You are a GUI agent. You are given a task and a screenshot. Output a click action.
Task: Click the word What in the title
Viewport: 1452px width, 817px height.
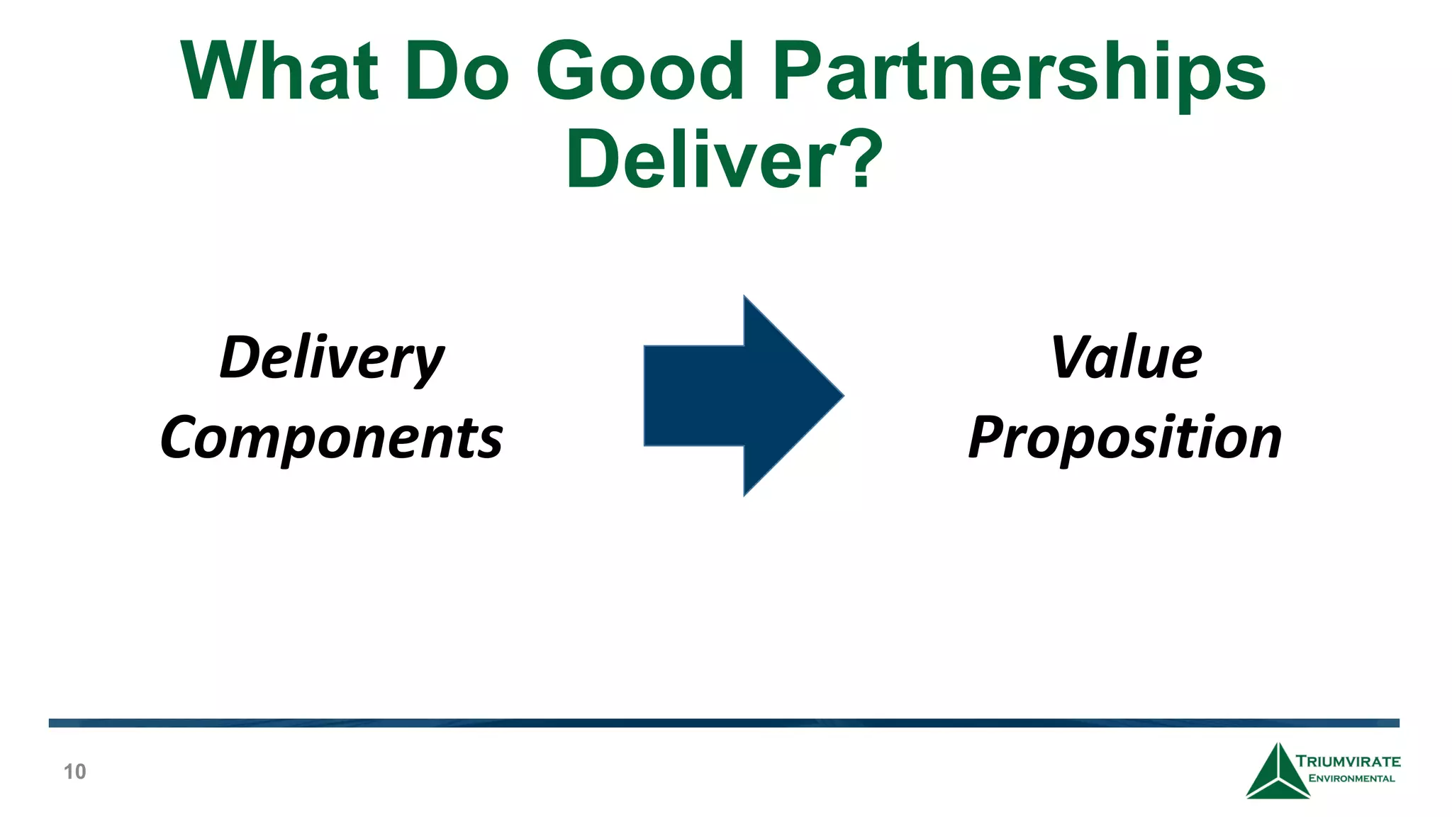coord(279,71)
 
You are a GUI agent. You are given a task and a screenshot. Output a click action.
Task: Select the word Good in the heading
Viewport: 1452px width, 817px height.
coord(640,71)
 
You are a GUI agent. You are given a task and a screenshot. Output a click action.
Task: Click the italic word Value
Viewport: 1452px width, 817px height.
coord(1126,358)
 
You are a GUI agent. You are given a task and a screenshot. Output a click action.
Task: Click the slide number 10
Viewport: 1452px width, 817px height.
coord(74,772)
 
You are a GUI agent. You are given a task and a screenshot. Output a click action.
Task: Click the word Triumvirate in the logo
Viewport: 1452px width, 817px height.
coord(1348,762)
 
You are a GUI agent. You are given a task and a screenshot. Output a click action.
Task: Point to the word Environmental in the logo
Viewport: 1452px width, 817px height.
coord(1351,779)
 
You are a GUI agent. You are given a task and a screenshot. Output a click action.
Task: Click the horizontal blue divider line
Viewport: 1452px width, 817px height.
coord(723,723)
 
